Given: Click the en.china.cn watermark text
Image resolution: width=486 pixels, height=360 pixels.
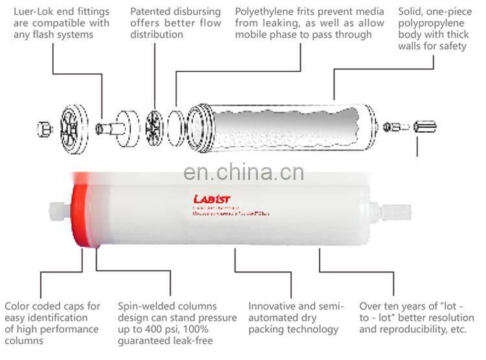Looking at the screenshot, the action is pos(243,173).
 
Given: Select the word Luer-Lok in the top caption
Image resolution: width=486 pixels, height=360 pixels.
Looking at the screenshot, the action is pos(36,12).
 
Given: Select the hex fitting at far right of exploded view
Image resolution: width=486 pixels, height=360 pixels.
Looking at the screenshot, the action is pos(424,127).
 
